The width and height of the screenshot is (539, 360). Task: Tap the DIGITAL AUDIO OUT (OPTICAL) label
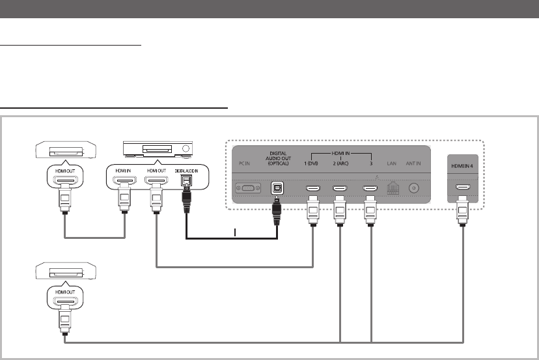point(278,159)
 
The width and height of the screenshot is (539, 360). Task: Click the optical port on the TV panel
point(277,189)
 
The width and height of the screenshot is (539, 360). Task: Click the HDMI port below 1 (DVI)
point(312,189)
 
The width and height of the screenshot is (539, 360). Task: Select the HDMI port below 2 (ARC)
point(340,189)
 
